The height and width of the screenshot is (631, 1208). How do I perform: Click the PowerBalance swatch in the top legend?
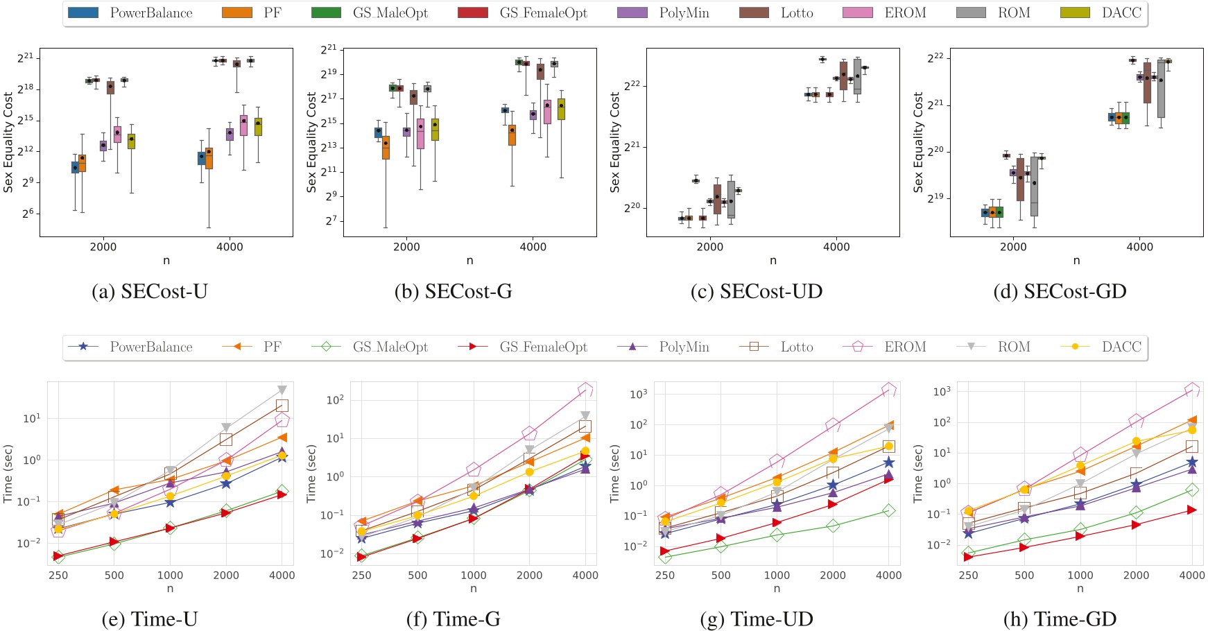pos(84,12)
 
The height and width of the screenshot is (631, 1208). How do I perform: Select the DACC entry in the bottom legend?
pos(1121,347)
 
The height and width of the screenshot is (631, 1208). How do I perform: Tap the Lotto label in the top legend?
pos(797,12)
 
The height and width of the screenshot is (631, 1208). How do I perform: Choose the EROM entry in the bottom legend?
pos(904,347)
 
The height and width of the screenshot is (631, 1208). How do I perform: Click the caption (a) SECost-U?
pos(150,291)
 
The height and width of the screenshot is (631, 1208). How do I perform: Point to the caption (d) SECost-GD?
pos(1060,291)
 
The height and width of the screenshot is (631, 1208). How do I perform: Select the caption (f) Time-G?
pos(454,619)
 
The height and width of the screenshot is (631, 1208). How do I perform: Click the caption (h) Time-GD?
pos(1060,619)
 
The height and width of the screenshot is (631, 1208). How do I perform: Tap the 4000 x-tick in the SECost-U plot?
pos(230,246)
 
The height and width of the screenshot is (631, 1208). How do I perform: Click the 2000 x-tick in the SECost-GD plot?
pos(1013,246)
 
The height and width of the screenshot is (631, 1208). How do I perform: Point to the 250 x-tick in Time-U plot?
pos(58,575)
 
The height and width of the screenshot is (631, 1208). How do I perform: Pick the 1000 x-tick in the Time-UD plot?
pos(777,575)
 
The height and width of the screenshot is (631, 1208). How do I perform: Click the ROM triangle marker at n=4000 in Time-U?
pos(282,390)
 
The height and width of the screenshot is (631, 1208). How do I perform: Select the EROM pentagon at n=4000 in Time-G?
pos(585,390)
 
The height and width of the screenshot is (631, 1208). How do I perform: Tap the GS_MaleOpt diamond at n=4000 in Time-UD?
pos(889,510)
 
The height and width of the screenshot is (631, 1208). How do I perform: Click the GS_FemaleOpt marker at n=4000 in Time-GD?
pos(1192,510)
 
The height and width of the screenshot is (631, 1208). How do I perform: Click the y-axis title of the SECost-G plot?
pos(311,142)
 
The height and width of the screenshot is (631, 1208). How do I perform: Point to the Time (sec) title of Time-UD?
pos(614,474)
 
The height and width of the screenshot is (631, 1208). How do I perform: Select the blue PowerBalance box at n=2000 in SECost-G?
pos(378,132)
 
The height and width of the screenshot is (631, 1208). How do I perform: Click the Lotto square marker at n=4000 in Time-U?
pos(282,406)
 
